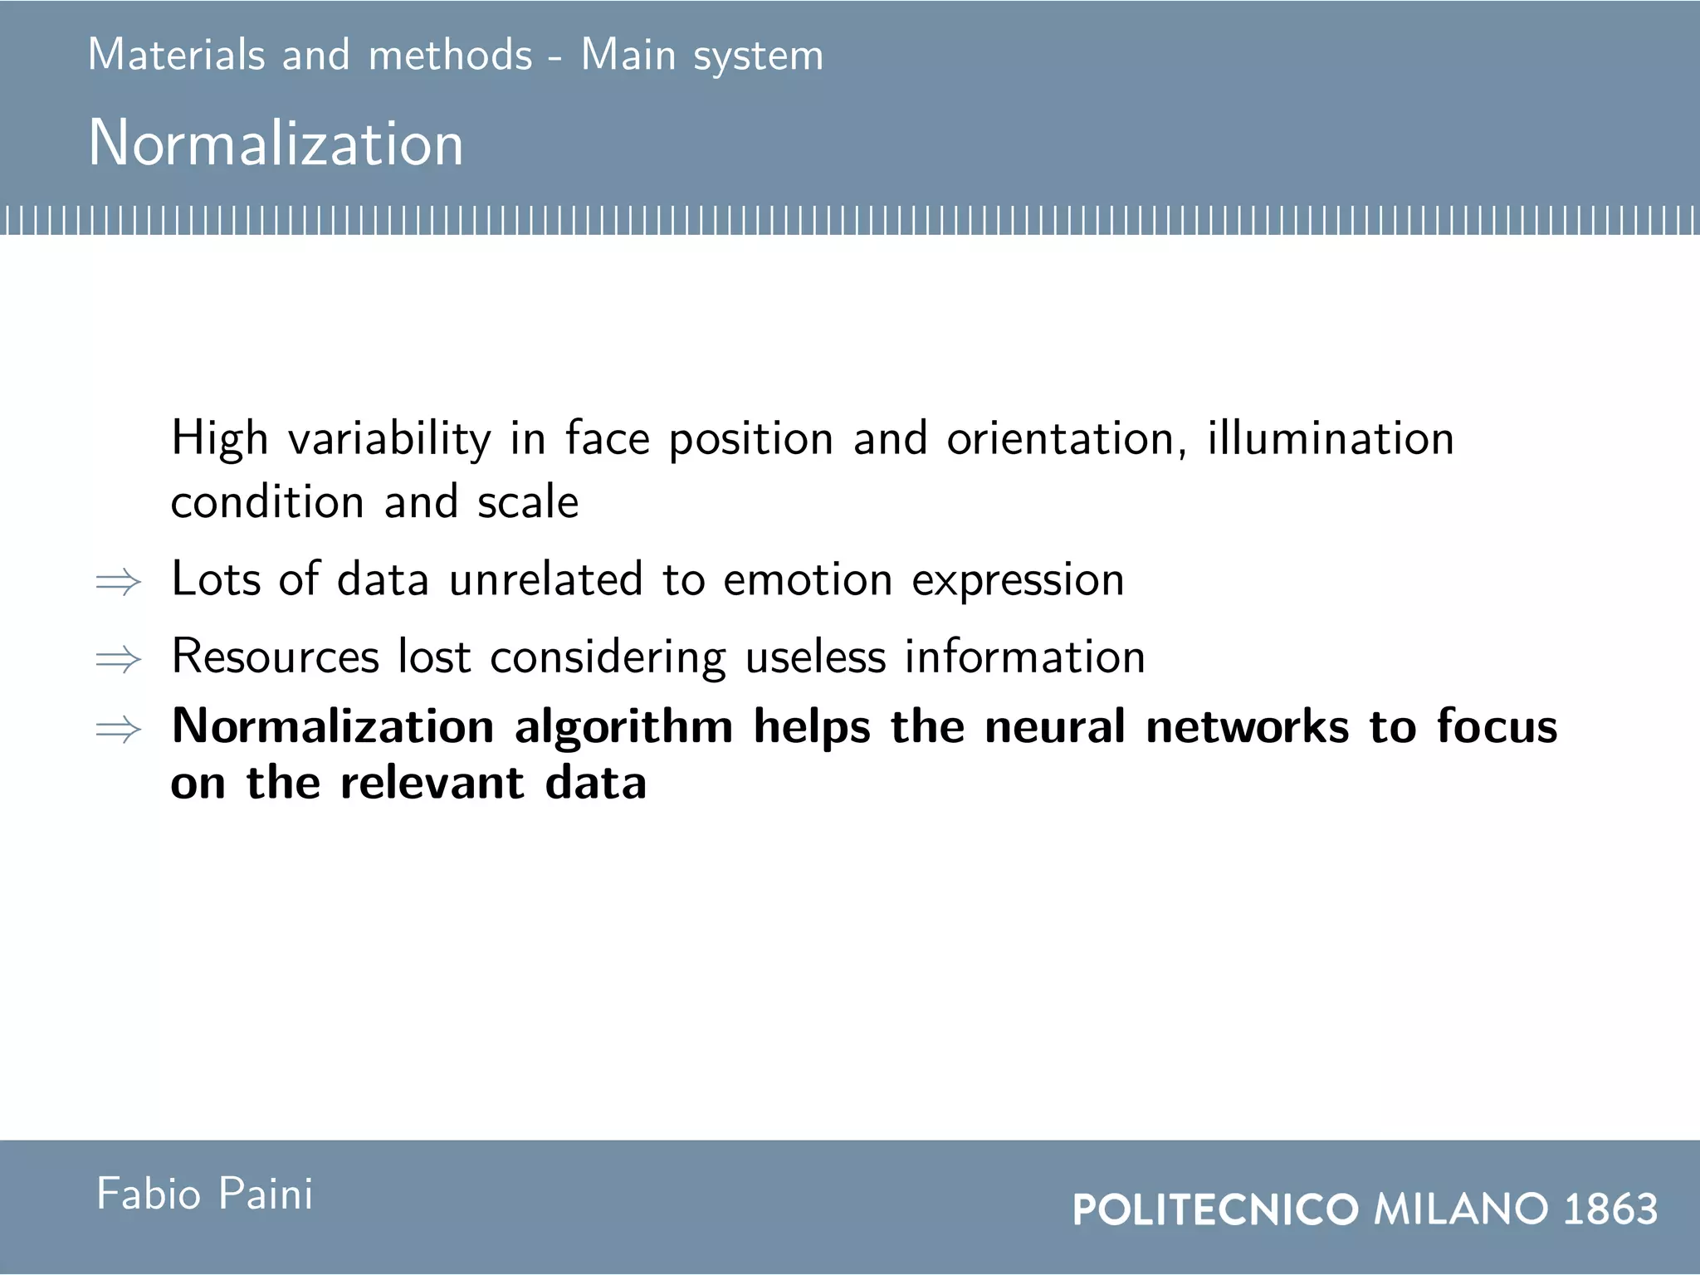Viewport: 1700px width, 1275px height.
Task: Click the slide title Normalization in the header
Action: [x=276, y=144]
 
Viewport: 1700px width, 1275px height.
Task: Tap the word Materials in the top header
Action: [x=176, y=56]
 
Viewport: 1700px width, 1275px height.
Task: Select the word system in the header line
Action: [x=758, y=57]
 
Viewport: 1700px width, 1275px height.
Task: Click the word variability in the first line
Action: [x=389, y=439]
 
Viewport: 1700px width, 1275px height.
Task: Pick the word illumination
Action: [x=1330, y=438]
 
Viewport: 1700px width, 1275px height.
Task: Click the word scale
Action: [x=528, y=502]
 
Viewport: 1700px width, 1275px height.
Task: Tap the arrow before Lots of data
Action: [x=119, y=582]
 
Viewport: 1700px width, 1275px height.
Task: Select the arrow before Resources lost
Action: [x=119, y=660]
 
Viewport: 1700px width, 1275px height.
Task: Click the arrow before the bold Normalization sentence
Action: [x=119, y=730]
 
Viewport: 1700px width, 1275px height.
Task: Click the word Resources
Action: [x=275, y=657]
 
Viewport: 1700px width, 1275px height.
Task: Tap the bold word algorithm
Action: [x=623, y=728]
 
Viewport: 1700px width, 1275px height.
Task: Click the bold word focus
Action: [x=1497, y=726]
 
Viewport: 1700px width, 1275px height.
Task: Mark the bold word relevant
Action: [x=432, y=783]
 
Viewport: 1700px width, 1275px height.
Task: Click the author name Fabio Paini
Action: [x=205, y=1194]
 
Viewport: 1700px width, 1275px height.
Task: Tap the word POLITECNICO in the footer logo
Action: [x=1215, y=1209]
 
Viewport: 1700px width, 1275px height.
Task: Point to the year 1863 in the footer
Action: [x=1610, y=1209]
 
